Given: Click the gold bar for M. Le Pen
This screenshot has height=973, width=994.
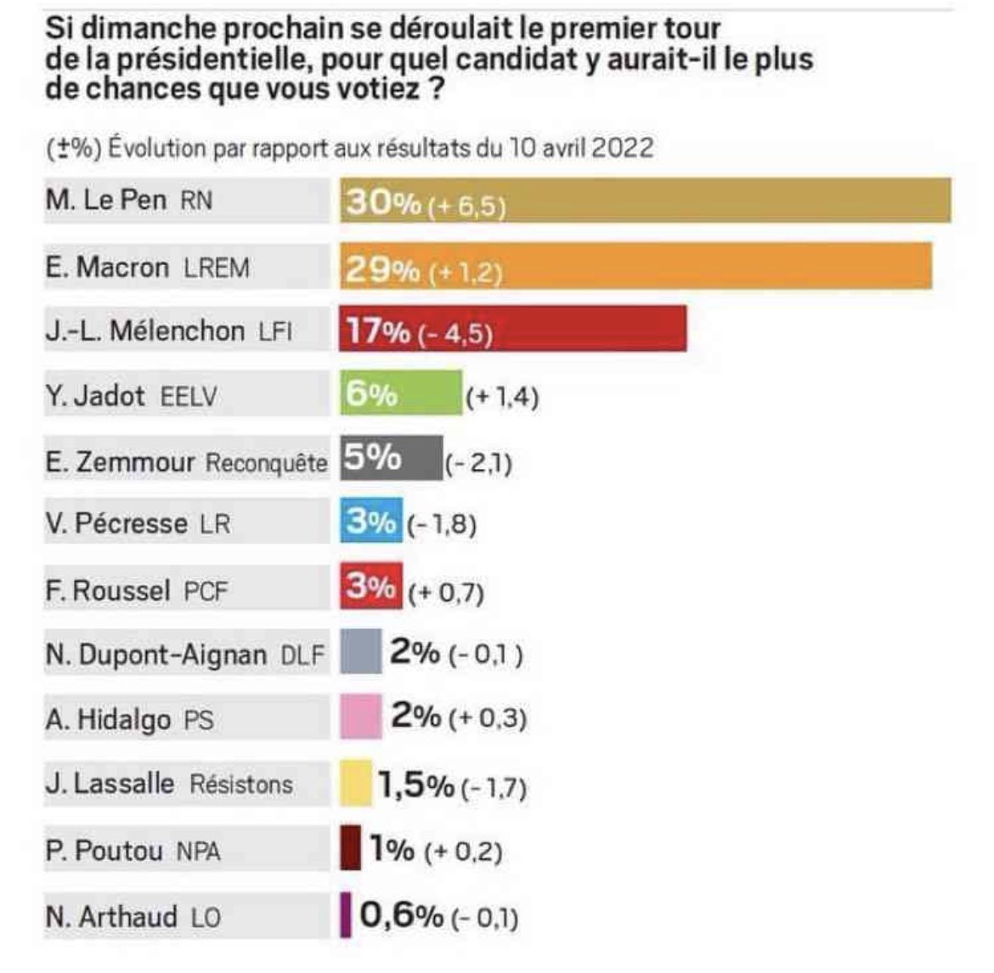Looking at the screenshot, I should (x=722, y=201).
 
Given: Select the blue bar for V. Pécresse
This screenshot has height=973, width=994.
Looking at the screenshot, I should (x=372, y=522).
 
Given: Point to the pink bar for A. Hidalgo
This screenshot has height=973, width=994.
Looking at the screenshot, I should (x=361, y=718).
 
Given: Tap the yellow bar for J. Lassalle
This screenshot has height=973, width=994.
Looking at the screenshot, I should (x=356, y=783).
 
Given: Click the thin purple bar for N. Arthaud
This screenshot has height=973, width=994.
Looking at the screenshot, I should (x=346, y=915).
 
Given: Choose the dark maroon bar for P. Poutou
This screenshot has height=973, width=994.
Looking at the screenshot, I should (x=350, y=848).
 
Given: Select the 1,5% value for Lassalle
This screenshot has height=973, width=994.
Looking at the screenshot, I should (x=415, y=786).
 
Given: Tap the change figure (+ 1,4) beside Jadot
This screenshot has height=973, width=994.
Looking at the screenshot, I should (x=502, y=397).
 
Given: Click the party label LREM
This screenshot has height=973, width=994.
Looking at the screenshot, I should (x=217, y=269).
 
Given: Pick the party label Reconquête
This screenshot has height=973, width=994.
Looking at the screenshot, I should (x=267, y=463).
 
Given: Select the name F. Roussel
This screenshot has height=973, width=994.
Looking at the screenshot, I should (x=108, y=590).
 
